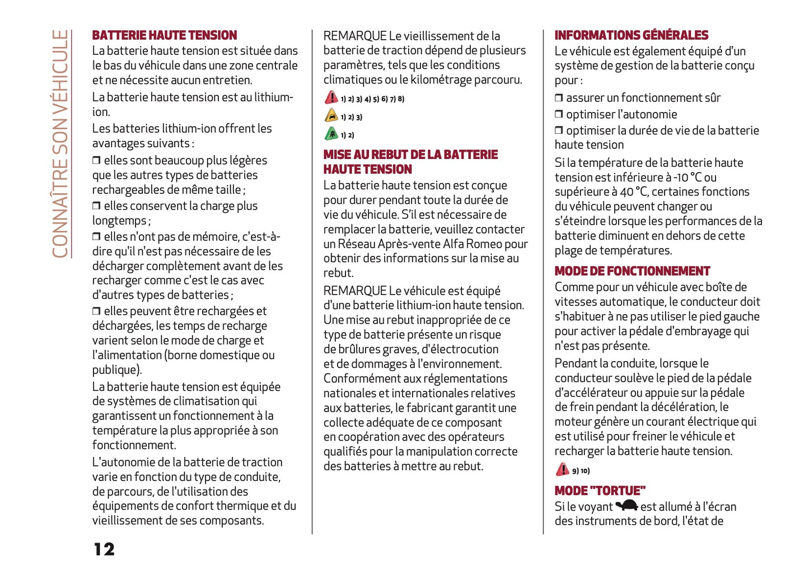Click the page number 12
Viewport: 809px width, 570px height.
tap(104, 549)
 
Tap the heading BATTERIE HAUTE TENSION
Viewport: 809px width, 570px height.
tap(165, 35)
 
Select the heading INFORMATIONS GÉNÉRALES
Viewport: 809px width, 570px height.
tap(631, 35)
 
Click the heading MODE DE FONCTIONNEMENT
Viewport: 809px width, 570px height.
tap(632, 272)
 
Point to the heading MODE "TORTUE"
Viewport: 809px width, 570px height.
tap(600, 491)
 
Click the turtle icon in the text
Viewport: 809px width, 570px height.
tap(626, 506)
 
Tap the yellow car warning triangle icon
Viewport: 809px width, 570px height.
tap(331, 116)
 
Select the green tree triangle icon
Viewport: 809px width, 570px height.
tap(331, 134)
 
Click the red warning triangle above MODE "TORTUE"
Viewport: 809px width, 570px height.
tap(562, 469)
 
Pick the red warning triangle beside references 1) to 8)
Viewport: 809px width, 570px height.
tap(331, 97)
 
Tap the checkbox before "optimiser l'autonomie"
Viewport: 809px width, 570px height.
tap(559, 114)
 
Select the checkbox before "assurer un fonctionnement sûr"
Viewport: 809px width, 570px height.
tap(559, 97)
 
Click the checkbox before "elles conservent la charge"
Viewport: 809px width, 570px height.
tap(96, 206)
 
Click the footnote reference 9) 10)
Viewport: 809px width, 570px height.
tap(581, 471)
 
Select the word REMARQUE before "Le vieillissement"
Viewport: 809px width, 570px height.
tap(355, 36)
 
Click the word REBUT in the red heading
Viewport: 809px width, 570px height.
tap(391, 155)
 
